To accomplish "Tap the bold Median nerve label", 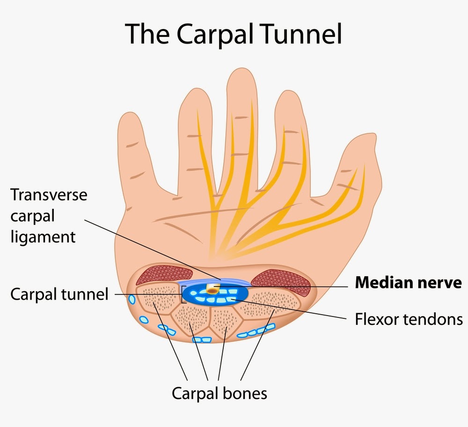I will coord(408,283).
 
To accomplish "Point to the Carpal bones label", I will coord(219,393).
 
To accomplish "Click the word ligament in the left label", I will coord(43,236).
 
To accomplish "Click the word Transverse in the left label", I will coord(49,194).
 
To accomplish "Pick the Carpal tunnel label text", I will coord(59,294).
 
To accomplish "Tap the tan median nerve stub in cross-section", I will coord(213,288).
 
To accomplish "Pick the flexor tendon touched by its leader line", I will coord(234,299).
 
